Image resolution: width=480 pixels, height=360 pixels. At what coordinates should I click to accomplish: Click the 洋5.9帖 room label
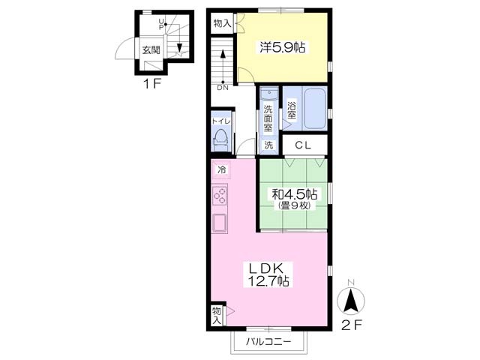(x=282, y=47)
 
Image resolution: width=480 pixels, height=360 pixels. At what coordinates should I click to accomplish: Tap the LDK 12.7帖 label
(x=268, y=274)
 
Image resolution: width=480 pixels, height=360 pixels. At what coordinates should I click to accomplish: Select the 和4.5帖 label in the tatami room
(x=294, y=194)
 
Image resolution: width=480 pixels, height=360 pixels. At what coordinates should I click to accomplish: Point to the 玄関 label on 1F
(x=151, y=49)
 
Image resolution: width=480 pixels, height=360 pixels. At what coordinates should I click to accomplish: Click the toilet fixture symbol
(x=221, y=139)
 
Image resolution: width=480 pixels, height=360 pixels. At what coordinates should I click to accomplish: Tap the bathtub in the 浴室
(x=315, y=109)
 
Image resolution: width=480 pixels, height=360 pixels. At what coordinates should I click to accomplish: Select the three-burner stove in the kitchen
(x=220, y=195)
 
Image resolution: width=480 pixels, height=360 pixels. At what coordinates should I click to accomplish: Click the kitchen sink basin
(x=220, y=223)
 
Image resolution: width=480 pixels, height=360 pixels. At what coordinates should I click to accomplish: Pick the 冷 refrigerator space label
(x=221, y=169)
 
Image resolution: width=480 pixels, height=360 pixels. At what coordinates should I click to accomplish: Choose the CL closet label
(x=303, y=145)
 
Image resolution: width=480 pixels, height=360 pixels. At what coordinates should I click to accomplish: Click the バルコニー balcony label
(x=268, y=341)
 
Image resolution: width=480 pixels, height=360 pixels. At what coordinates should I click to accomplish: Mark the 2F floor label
(x=352, y=325)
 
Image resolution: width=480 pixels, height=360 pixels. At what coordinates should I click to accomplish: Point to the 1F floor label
(x=152, y=83)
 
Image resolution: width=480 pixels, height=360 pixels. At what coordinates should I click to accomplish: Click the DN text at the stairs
(x=223, y=88)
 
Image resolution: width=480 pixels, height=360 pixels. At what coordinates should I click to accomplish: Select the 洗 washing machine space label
(x=268, y=145)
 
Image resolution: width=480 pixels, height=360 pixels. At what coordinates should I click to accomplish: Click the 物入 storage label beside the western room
(x=222, y=23)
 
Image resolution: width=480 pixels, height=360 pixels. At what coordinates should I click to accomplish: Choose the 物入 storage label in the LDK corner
(x=217, y=315)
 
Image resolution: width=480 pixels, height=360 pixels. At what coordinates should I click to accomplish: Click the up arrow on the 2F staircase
(x=223, y=66)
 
